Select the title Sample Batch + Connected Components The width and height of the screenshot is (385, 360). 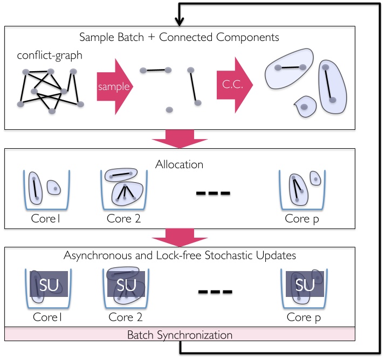[179, 38]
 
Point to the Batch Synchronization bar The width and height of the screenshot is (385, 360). [180, 335]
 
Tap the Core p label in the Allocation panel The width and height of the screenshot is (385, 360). [306, 218]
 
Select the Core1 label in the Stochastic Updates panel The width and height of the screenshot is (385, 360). [47, 317]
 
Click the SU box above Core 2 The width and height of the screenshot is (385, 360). [127, 284]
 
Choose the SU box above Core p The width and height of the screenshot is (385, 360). [305, 284]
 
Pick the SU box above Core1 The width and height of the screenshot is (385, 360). [47, 284]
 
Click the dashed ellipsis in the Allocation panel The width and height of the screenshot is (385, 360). [213, 192]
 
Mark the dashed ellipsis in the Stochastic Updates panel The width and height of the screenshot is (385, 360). [215, 292]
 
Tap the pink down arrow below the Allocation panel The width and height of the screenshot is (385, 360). [180, 237]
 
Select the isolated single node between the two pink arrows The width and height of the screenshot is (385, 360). [169, 110]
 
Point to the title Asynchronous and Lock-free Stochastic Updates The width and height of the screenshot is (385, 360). [180, 255]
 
